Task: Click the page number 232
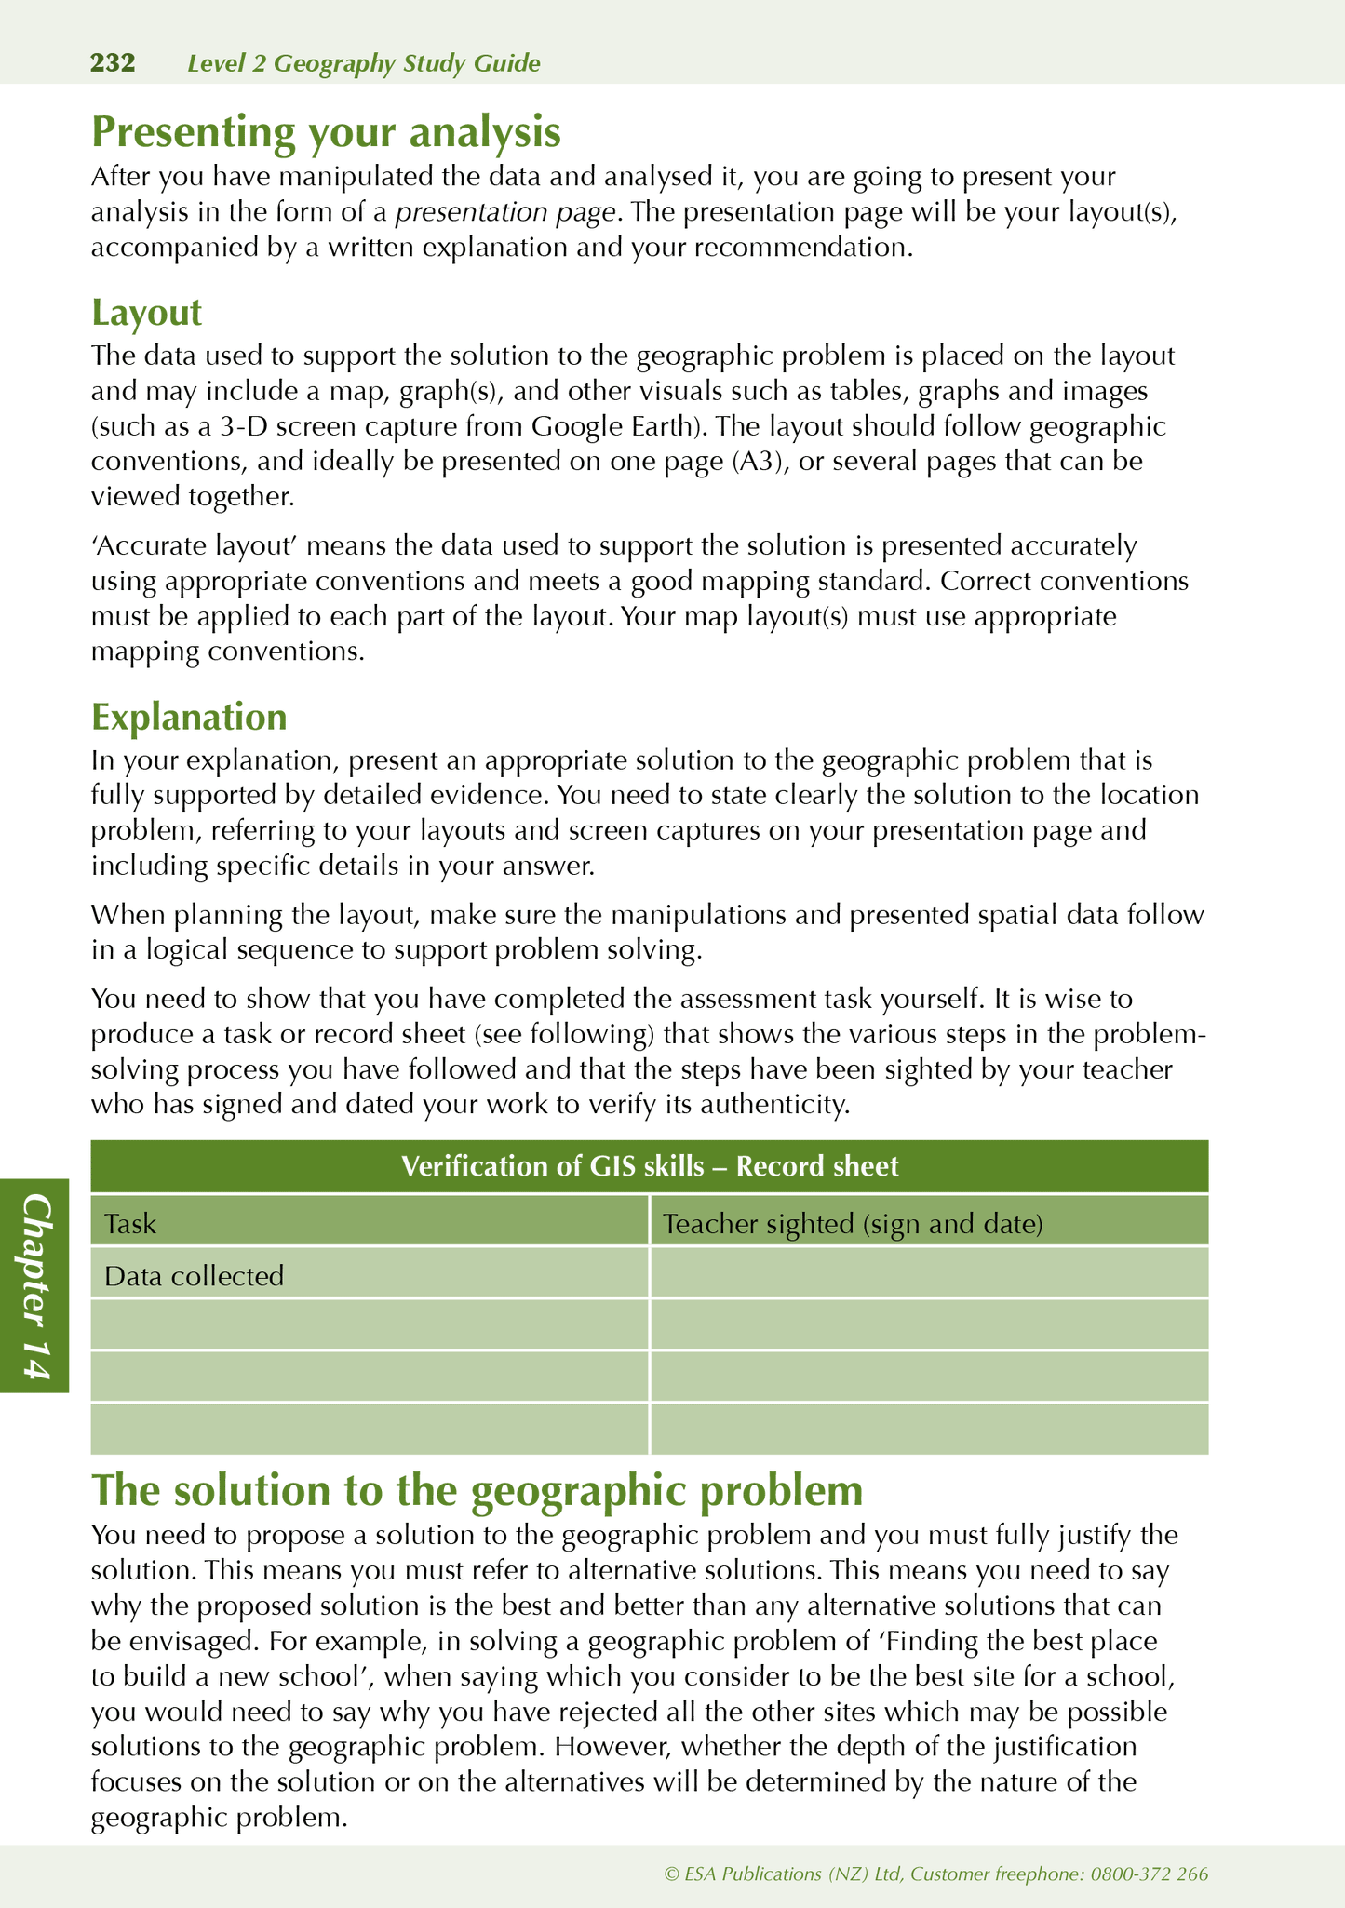pyautogui.click(x=113, y=63)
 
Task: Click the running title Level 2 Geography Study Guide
pyautogui.click(x=363, y=63)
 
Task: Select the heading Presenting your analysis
pyautogui.click(x=326, y=131)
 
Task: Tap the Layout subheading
pyautogui.click(x=146, y=313)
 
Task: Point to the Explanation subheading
pyautogui.click(x=189, y=717)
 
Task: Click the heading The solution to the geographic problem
pyautogui.click(x=477, y=1490)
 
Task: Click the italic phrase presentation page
pyautogui.click(x=505, y=212)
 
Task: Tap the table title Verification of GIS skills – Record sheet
pyautogui.click(x=649, y=1166)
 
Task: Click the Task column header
pyautogui.click(x=130, y=1223)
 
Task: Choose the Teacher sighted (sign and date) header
pyautogui.click(x=852, y=1223)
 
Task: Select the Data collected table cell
pyautogui.click(x=194, y=1275)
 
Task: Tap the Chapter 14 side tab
pyautogui.click(x=35, y=1285)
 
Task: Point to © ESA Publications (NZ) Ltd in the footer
pyautogui.click(x=782, y=1874)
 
